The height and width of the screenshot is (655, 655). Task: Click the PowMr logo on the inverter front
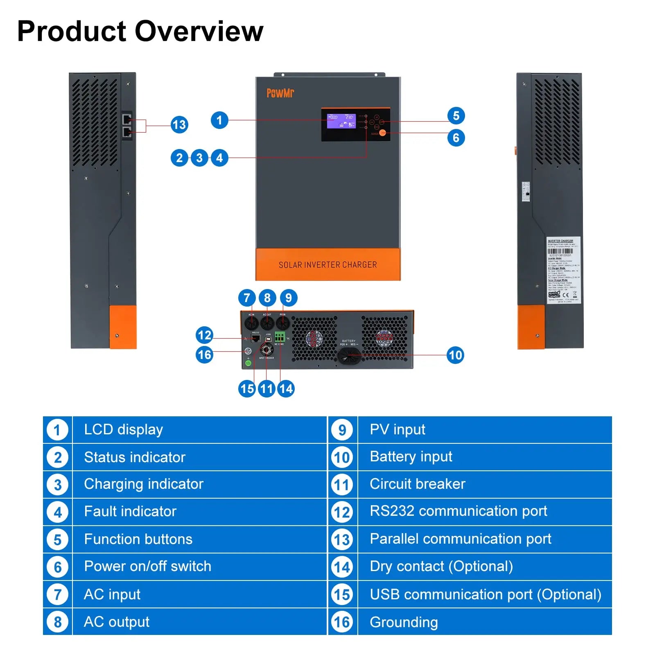coord(280,93)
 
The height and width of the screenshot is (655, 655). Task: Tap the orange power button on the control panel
coord(382,133)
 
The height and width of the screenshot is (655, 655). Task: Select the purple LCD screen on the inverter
coord(341,121)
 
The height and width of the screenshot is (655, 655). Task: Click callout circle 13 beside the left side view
coord(179,124)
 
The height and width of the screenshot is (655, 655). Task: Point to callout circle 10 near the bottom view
coord(455,355)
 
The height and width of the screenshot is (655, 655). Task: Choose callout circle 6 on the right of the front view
coord(456,138)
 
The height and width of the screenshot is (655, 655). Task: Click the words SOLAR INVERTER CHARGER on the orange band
coord(327,265)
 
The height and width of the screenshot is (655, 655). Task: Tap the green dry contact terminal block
coord(280,337)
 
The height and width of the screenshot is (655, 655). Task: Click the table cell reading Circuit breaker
coord(418,484)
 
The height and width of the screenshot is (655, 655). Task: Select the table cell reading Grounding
coord(404,622)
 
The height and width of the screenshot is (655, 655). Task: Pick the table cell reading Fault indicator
coord(130,511)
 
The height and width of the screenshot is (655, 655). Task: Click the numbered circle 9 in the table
coord(342,430)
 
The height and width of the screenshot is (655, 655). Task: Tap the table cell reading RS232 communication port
coord(458,511)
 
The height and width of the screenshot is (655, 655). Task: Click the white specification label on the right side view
coord(563,270)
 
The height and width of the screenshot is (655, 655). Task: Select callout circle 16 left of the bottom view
coord(204,355)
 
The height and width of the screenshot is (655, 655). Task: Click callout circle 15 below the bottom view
coord(247,388)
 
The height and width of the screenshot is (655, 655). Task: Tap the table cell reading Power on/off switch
coord(147,566)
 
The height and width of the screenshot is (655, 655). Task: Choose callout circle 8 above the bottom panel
coord(267,298)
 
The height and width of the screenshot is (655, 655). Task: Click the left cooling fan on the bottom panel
coord(314,339)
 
